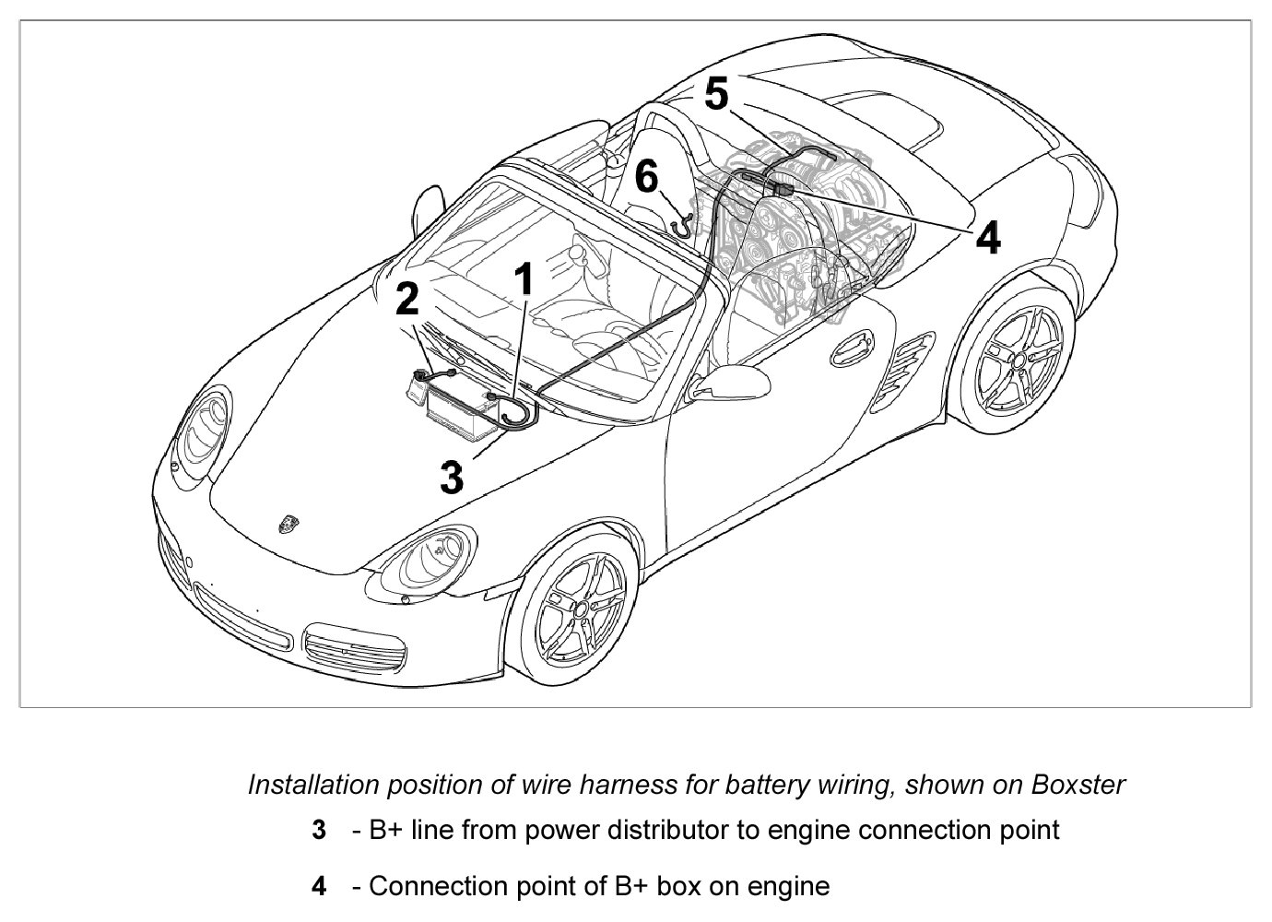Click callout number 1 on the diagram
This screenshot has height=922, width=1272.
524,278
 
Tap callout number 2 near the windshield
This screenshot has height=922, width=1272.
407,300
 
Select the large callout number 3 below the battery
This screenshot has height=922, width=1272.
452,478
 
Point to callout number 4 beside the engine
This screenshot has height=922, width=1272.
987,238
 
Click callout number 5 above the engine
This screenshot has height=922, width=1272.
716,94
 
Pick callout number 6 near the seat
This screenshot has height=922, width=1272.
647,176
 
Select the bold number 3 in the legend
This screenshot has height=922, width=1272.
319,830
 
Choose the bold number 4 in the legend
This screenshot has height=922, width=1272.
319,887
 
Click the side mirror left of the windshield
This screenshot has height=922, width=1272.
429,208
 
